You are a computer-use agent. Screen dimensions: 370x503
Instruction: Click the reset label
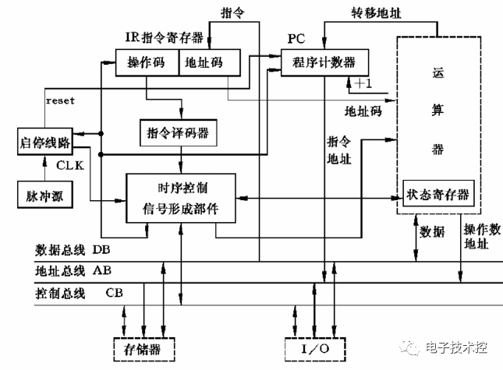pyautogui.click(x=60, y=101)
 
